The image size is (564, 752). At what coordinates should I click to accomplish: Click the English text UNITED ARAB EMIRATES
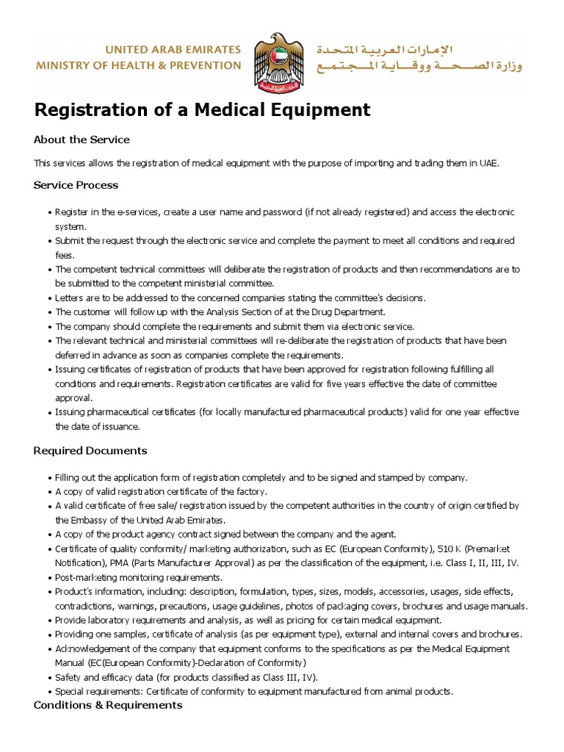[x=173, y=50]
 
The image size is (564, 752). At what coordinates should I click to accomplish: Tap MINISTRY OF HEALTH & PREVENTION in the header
[x=138, y=65]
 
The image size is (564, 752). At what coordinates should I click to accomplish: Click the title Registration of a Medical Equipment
[x=202, y=110]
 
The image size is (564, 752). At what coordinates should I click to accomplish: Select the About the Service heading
[x=82, y=140]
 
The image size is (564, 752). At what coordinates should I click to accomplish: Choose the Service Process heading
[x=76, y=185]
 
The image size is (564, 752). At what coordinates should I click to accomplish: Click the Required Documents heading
[x=90, y=450]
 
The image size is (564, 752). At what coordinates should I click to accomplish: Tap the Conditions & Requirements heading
[x=108, y=705]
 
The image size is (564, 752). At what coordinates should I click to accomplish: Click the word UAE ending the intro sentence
[x=488, y=163]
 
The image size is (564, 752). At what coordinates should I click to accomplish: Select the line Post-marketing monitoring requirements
[x=139, y=577]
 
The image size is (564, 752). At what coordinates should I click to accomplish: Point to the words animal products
[x=421, y=691]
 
